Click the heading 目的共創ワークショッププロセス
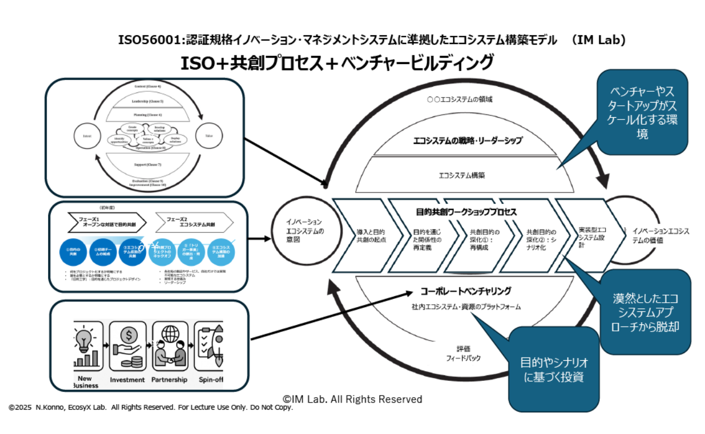pyautogui.click(x=466, y=211)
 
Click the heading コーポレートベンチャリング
pyautogui.click(x=465, y=291)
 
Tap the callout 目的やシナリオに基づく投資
pyautogui.click(x=553, y=369)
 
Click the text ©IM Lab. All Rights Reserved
pyautogui.click(x=352, y=399)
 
